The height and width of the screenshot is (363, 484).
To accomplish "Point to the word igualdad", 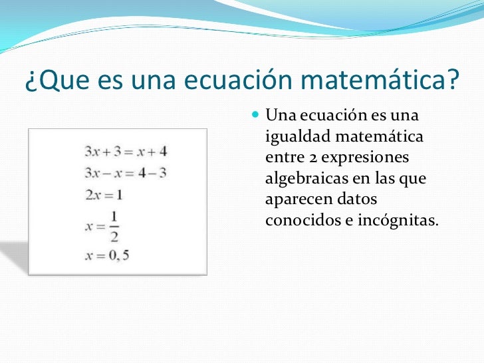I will [295, 138].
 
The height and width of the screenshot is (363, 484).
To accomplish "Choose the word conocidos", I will [300, 220].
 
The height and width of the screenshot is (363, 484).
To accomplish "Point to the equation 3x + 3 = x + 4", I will [125, 151].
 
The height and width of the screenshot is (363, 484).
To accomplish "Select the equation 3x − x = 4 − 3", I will [125, 173].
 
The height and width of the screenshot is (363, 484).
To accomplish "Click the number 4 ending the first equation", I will [162, 151].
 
